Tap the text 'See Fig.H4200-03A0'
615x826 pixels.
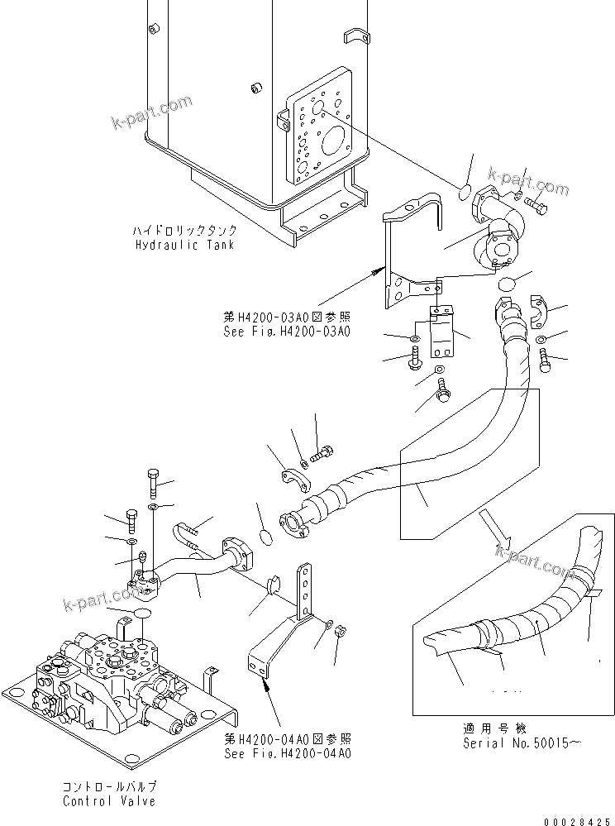(x=276, y=331)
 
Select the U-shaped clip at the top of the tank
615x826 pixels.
(x=356, y=36)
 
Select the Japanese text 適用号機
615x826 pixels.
(x=493, y=729)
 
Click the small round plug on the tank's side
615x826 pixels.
(x=256, y=86)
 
